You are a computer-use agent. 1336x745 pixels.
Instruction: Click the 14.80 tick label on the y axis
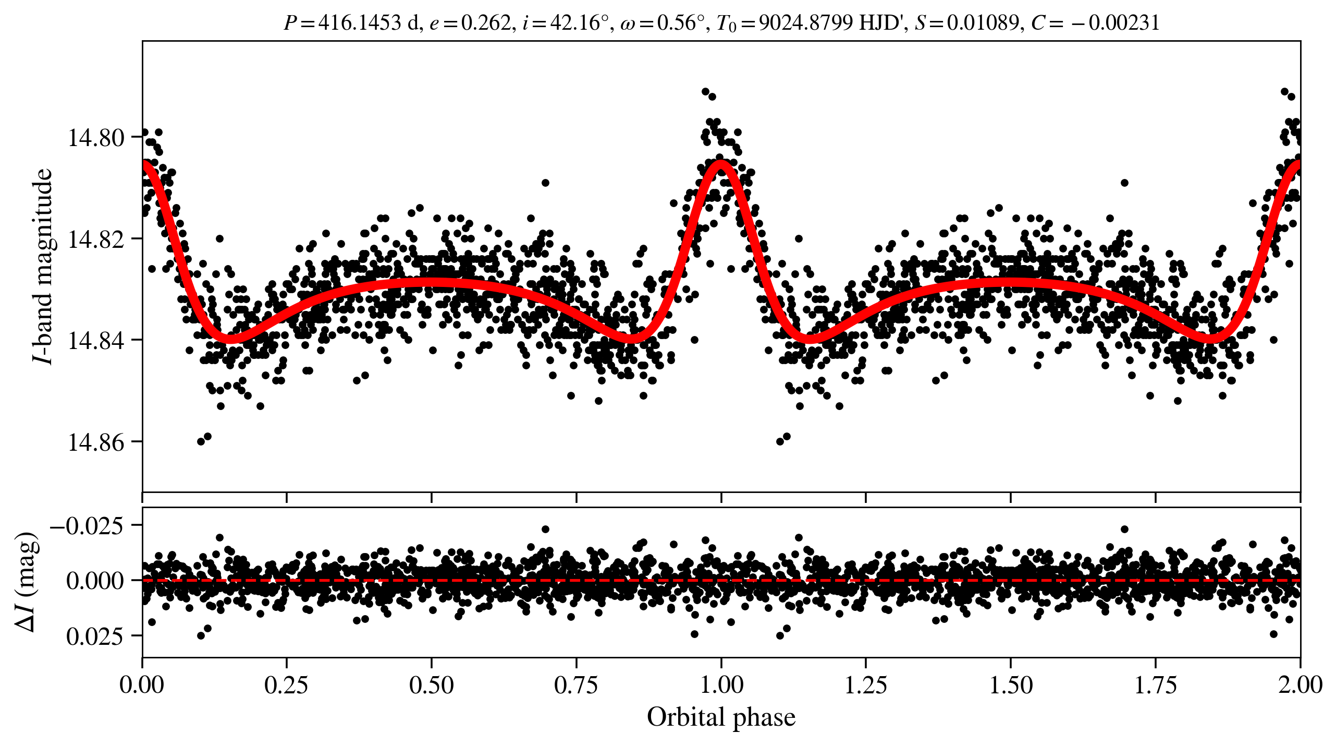click(96, 138)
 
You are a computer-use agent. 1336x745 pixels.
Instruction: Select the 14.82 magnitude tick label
click(96, 239)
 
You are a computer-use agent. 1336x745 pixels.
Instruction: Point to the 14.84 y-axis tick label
click(96, 341)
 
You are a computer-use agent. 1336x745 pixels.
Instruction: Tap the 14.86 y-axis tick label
click(96, 442)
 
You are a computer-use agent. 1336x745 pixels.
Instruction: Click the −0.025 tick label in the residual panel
click(87, 525)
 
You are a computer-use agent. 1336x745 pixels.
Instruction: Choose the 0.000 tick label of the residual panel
click(95, 580)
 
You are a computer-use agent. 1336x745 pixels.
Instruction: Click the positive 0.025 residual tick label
click(95, 636)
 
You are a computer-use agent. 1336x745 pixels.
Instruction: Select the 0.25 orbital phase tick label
click(286, 685)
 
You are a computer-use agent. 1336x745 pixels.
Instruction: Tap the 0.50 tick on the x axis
click(431, 685)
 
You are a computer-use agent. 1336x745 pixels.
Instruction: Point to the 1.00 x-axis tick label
click(721, 685)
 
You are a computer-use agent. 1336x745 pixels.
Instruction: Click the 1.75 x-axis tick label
click(1156, 685)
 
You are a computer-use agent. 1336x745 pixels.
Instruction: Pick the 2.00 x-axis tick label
click(1300, 685)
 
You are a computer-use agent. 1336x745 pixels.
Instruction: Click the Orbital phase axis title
click(721, 717)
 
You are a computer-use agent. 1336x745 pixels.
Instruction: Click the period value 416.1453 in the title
click(359, 23)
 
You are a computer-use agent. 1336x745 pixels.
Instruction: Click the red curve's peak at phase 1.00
click(721, 163)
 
